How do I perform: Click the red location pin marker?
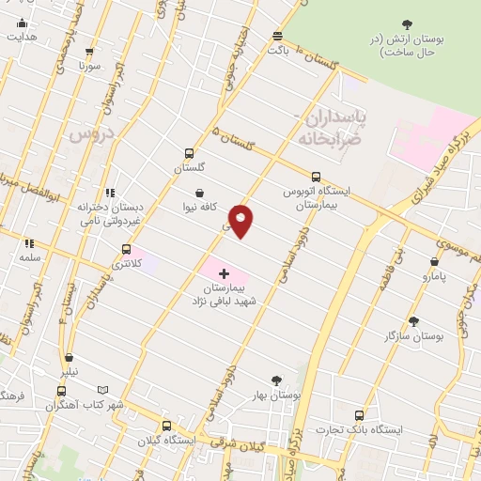coord(241,221)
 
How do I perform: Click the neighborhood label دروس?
coord(90,133)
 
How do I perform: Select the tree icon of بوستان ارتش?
coord(407,24)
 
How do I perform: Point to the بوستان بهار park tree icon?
coord(276,380)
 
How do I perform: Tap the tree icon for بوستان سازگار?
coord(413,320)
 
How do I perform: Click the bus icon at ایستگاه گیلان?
coord(166,425)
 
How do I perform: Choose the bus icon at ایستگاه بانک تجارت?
coord(360,414)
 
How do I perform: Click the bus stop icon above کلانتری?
coord(126,250)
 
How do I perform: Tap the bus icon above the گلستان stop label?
coord(190,153)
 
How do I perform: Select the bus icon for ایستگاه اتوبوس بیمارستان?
coord(316,176)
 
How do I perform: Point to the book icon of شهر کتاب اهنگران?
coord(103,390)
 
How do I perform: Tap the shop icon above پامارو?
coord(434,262)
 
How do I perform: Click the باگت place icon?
coord(277,36)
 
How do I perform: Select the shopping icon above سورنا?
coord(89,53)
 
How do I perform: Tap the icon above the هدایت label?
coord(23,23)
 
